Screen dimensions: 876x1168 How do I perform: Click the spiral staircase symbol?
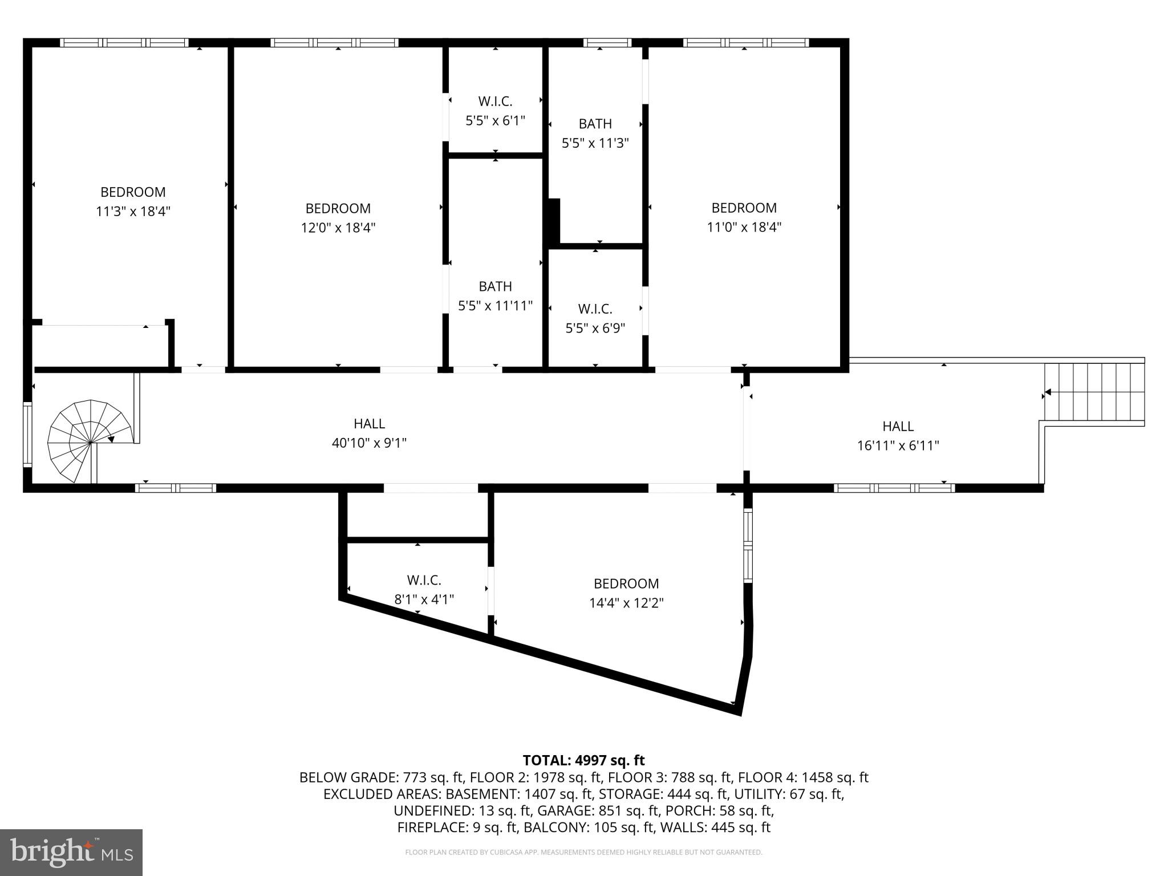tap(90, 441)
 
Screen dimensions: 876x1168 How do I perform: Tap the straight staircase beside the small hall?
tap(1094, 392)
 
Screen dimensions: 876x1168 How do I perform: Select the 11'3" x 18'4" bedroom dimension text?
tap(133, 212)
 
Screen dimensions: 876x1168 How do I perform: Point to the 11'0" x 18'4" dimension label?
tap(744, 227)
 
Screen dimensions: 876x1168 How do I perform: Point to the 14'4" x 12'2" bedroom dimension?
tap(626, 603)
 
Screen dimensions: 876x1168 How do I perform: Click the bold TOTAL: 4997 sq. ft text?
tap(583, 760)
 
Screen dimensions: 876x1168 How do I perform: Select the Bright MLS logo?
tap(71, 853)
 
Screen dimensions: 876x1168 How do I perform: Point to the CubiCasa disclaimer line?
tap(583, 853)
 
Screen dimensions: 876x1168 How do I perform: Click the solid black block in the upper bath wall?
tap(554, 221)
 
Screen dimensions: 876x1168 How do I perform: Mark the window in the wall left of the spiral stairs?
tap(27, 435)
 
